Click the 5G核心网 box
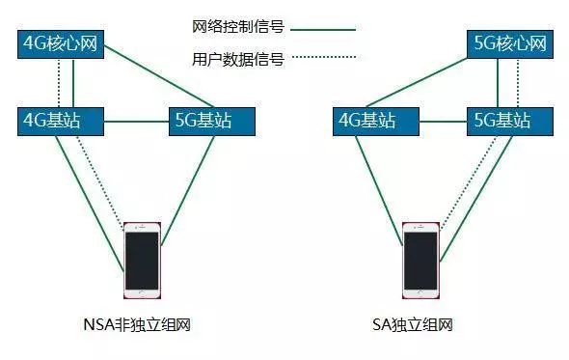[x=511, y=43]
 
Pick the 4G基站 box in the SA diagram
[x=366, y=121]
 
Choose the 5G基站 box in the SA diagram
[x=500, y=121]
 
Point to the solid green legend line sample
[x=323, y=30]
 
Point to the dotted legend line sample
[x=323, y=60]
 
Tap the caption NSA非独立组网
[x=142, y=325]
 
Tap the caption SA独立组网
[x=420, y=325]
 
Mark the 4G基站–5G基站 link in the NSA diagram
[x=135, y=121]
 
